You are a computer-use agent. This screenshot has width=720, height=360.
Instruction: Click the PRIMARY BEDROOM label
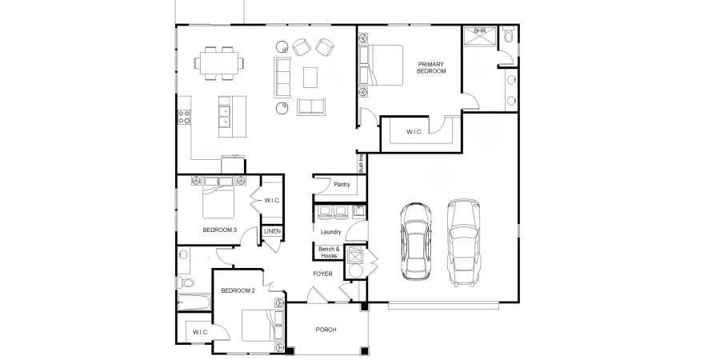[430, 67]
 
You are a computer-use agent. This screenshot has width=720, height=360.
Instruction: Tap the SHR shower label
[480, 31]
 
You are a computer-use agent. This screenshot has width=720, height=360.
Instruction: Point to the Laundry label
[331, 233]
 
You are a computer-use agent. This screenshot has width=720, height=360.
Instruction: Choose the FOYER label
[322, 274]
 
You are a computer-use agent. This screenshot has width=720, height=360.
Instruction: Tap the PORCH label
[326, 329]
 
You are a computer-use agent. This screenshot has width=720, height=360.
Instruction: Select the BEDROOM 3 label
[219, 230]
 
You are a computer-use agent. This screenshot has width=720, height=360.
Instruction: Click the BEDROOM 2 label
[238, 290]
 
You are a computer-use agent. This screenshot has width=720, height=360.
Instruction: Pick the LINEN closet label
[272, 232]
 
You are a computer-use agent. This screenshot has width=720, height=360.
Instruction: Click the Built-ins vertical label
[362, 163]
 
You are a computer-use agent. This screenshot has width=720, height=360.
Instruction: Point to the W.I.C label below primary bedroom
[414, 131]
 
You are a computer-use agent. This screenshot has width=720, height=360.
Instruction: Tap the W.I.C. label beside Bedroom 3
[272, 200]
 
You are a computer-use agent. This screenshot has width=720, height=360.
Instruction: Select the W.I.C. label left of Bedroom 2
[199, 332]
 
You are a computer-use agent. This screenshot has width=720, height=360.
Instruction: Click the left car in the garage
[415, 240]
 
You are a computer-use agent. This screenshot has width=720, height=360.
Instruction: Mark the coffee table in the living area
[310, 76]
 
